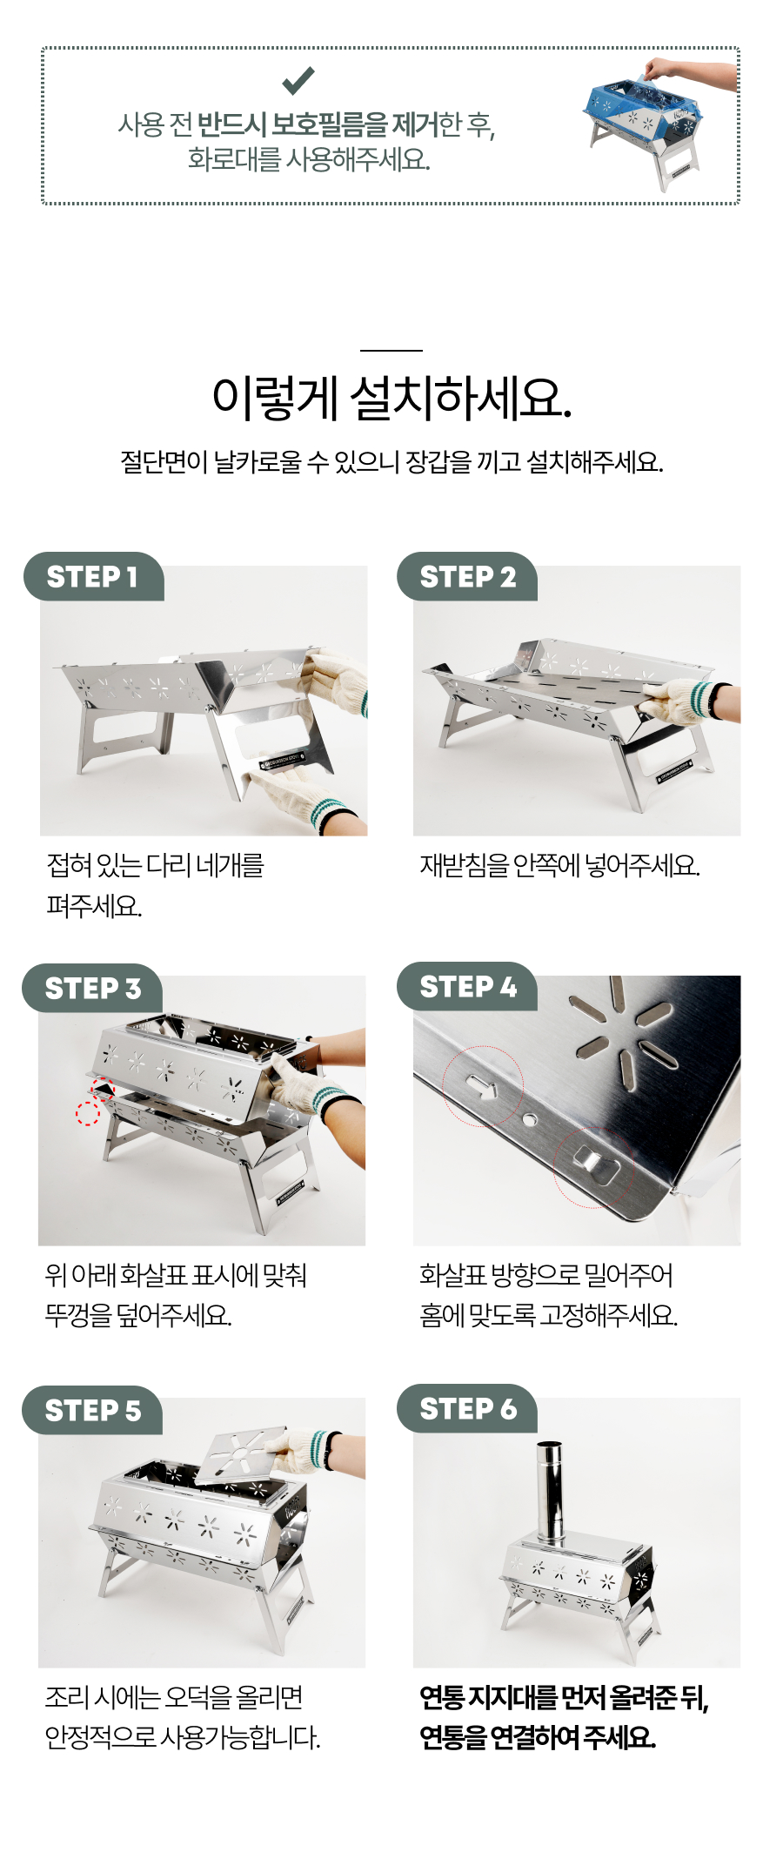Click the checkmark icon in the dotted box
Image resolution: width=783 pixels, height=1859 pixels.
tap(298, 81)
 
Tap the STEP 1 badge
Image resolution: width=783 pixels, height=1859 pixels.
tap(93, 576)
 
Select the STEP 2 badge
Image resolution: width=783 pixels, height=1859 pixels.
tap(467, 576)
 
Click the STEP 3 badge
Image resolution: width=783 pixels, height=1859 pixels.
tap(92, 989)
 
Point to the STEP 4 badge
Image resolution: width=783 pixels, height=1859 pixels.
tap(467, 987)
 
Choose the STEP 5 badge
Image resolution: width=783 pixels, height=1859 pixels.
tap(92, 1410)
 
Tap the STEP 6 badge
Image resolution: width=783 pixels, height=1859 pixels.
tap(467, 1408)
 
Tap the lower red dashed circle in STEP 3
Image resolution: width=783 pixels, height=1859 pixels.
tap(87, 1112)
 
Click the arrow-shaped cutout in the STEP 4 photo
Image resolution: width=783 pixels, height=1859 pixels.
tap(481, 1085)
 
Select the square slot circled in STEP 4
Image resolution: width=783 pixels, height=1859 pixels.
tap(596, 1164)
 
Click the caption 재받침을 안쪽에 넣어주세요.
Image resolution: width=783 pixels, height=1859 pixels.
tap(559, 865)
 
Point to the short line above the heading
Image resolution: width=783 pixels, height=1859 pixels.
tap(391, 351)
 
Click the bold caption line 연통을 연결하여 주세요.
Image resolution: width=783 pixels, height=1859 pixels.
tap(537, 1737)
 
